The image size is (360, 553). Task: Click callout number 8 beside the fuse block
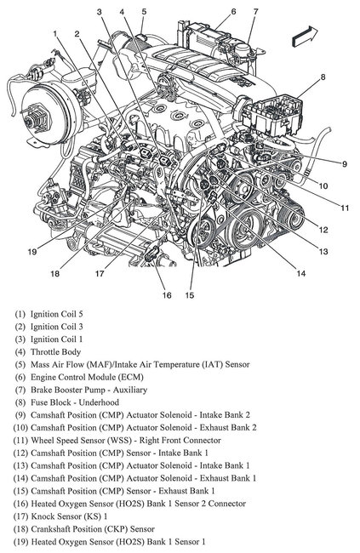pos(323,77)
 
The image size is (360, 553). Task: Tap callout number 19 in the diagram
pos(32,252)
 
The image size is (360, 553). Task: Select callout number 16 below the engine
pos(167,295)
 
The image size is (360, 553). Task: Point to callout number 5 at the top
pos(144,11)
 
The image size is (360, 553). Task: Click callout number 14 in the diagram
pos(300,273)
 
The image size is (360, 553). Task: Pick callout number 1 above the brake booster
pos(55,33)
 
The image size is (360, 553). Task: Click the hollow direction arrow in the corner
pos(305,36)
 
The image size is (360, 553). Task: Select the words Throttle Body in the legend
pos(56,351)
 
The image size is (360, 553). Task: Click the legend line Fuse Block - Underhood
pos(75,402)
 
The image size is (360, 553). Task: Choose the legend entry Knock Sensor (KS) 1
pos(69,516)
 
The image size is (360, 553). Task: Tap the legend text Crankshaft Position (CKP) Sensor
pos(93,529)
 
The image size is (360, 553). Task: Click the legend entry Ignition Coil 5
pos(56,314)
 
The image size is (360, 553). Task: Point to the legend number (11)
pos(20,441)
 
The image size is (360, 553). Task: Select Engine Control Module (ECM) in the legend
pos(87,377)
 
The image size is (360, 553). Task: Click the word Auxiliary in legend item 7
pos(130,390)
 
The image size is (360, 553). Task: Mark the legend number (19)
pos(20,542)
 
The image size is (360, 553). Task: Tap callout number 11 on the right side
pos(345,208)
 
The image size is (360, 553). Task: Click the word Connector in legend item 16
pos(227,504)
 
